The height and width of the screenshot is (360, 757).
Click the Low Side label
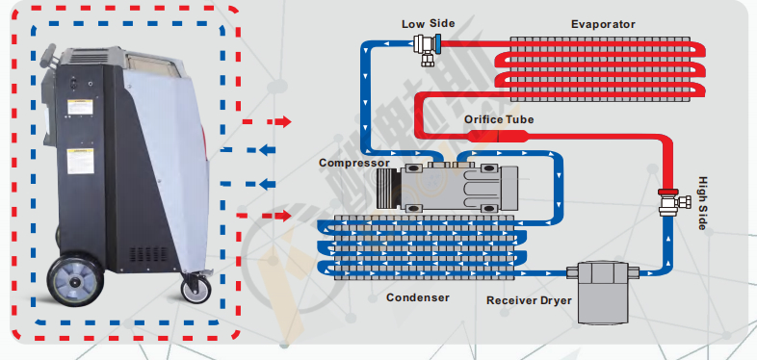428,23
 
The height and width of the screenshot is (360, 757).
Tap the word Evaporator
603,24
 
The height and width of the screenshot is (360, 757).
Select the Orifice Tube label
499,119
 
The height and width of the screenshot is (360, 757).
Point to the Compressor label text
353,163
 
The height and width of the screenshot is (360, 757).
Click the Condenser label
418,297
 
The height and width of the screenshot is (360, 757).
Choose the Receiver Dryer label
529,300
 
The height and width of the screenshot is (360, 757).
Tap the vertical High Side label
702,203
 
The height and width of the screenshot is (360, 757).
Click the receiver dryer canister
603,291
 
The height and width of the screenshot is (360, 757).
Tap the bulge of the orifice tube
498,135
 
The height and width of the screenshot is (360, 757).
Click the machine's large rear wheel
75,280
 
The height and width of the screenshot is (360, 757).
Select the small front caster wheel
196,289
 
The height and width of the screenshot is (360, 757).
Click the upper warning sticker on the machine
80,107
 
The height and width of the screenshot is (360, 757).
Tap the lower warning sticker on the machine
80,161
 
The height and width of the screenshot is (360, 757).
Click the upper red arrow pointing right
267,121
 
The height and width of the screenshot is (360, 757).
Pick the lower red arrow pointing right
265,216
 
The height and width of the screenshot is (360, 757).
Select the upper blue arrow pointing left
248,150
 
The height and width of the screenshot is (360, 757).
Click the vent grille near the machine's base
149,254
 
